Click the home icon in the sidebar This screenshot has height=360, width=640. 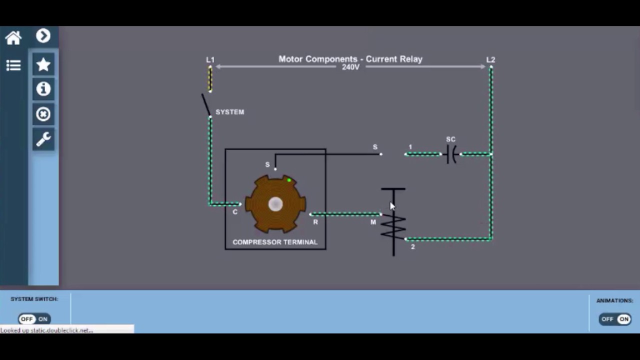(x=13, y=38)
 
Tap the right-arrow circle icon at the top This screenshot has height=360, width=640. (x=43, y=36)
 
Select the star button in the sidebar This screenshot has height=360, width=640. (x=43, y=64)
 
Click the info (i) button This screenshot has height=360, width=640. (x=43, y=89)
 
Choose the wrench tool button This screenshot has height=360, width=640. (x=43, y=139)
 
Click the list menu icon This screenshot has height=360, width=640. (x=13, y=65)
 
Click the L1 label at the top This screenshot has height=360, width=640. (x=210, y=60)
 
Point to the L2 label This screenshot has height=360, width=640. (x=490, y=60)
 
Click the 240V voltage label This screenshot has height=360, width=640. (x=350, y=67)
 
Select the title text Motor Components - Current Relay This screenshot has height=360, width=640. (x=350, y=59)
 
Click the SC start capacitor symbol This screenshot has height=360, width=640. (x=451, y=154)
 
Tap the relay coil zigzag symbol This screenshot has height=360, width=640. (x=393, y=227)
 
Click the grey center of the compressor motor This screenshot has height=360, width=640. (x=275, y=204)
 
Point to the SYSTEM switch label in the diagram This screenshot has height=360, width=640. (x=229, y=112)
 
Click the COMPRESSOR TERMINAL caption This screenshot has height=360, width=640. (x=274, y=242)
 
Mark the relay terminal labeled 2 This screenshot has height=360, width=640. (x=412, y=246)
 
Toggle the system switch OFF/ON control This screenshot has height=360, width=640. (x=34, y=319)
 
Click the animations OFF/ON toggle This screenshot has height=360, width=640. (x=615, y=319)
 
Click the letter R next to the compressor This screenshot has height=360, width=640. (x=315, y=222)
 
